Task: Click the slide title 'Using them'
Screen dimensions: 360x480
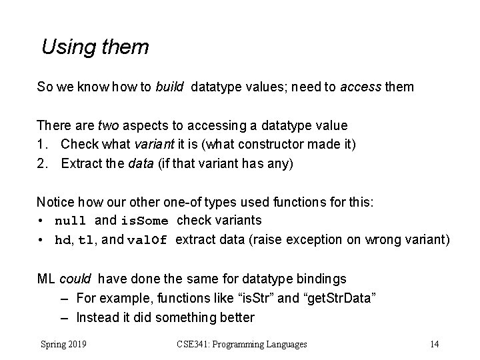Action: (x=95, y=47)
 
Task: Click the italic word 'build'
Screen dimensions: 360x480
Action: (x=170, y=87)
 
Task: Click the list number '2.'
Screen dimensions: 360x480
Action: (x=43, y=164)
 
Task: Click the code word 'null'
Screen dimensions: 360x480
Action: (x=70, y=221)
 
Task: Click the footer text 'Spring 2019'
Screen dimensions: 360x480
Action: (x=67, y=344)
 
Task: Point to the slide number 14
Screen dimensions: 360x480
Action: (x=435, y=344)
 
